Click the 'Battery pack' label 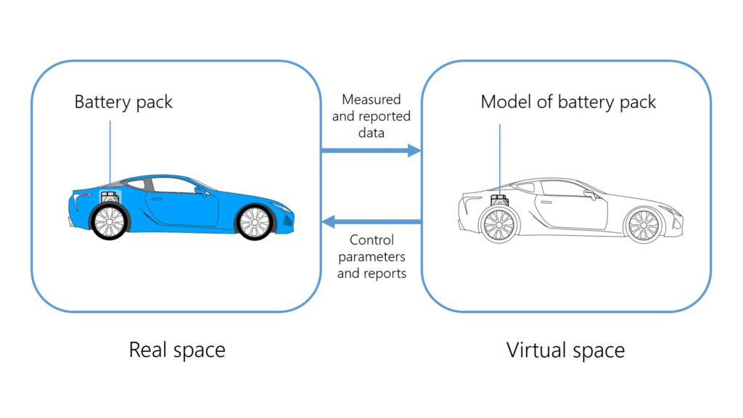(123, 102)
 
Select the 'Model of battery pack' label (568, 102)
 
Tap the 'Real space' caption (177, 350)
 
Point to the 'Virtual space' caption (565, 351)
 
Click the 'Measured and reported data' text (371, 116)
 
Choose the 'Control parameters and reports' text (371, 256)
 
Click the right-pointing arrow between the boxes (371, 151)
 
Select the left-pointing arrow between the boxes (371, 221)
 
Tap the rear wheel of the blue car (110, 221)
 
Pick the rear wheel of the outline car (499, 224)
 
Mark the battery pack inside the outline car (499, 200)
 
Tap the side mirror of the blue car (200, 190)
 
